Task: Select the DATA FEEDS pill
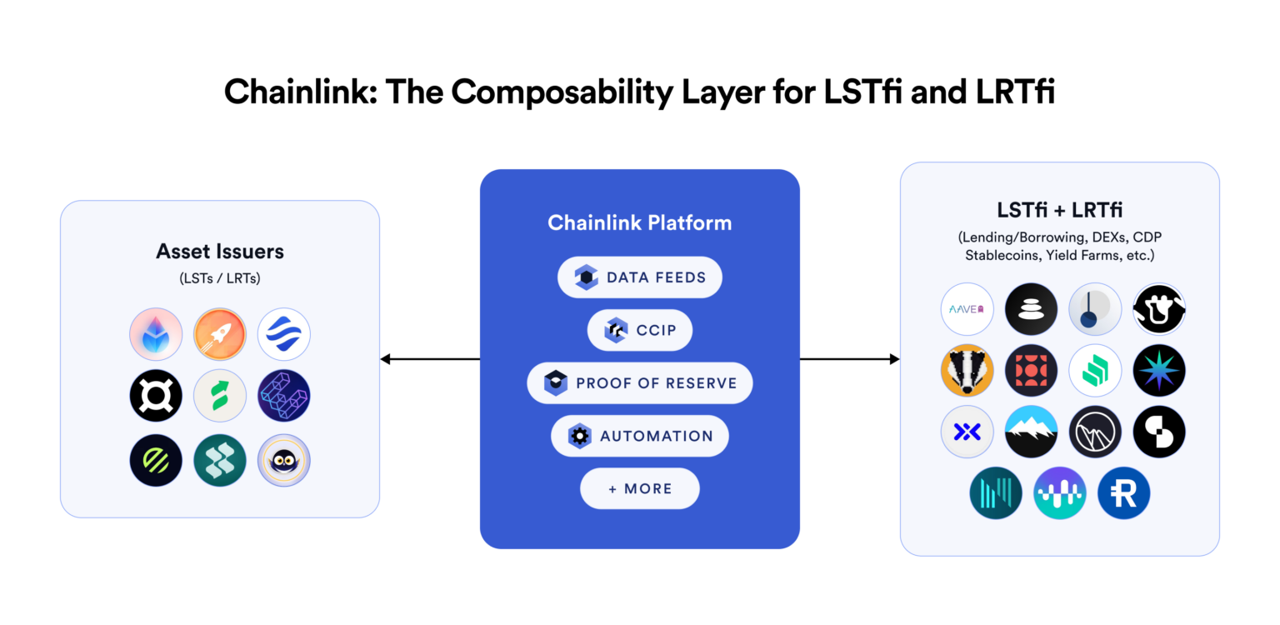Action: (639, 277)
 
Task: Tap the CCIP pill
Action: (639, 331)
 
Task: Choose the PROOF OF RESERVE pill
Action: (639, 383)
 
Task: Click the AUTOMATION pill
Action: (639, 436)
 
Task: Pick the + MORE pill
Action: (639, 488)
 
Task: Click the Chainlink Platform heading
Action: (639, 223)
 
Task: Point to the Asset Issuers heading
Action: (220, 252)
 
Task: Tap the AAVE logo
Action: (967, 309)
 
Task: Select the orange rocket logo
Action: (220, 334)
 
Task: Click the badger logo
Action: (967, 370)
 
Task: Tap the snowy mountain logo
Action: (1031, 432)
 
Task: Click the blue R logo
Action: (1123, 493)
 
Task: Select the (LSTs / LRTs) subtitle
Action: (220, 278)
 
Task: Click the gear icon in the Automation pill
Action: (579, 436)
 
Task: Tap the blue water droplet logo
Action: (156, 334)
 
